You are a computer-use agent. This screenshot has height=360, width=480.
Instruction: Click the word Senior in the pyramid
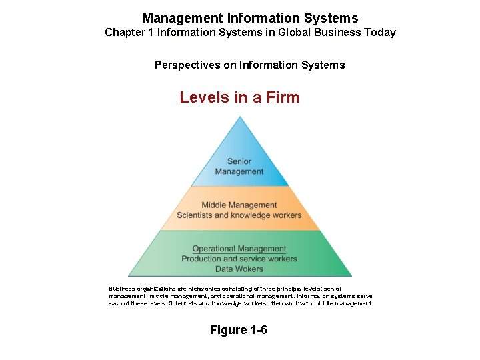point(239,161)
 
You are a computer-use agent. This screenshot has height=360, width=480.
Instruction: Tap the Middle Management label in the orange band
point(239,205)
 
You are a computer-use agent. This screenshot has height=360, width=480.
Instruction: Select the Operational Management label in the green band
point(239,249)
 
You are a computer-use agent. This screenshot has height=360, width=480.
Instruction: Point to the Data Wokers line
point(239,269)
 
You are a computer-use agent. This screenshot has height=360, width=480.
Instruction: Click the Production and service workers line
point(239,259)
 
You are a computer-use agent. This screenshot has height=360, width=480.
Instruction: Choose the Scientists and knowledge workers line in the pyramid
point(239,215)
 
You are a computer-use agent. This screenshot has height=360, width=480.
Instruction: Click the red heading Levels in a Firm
point(239,97)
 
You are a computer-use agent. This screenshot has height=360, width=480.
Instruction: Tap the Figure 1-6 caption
point(239,330)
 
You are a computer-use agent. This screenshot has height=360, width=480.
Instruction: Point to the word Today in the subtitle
point(379,32)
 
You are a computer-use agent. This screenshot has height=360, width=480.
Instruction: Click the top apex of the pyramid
point(240,118)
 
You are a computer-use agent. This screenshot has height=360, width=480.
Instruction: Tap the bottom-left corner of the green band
point(129,275)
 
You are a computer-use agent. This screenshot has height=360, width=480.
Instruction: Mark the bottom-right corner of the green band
point(351,275)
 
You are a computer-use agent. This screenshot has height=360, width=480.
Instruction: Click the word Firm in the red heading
point(283,97)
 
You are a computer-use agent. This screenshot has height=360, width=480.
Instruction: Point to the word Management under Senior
point(239,171)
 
